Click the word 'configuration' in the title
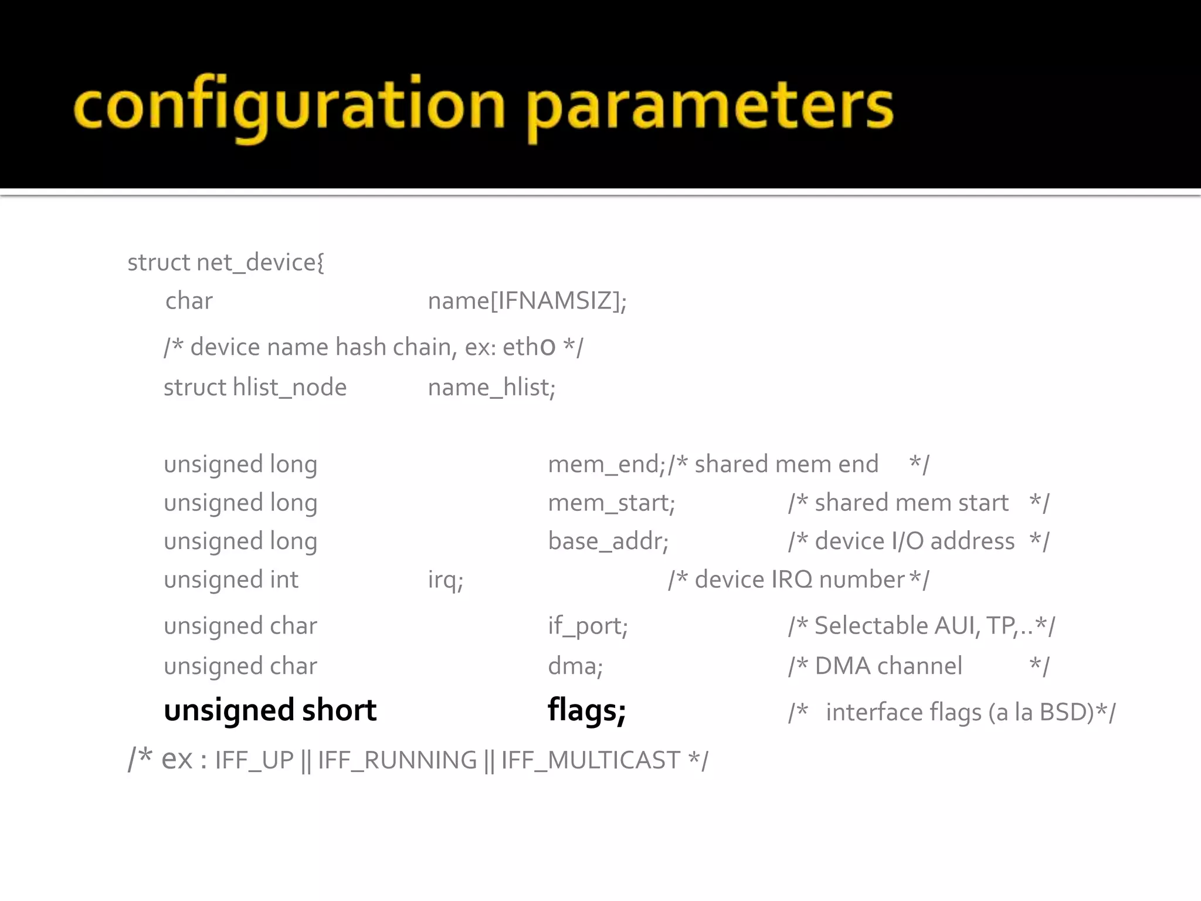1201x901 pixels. click(x=289, y=106)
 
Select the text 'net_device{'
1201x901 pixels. click(x=260, y=263)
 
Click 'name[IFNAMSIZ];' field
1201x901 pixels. click(x=527, y=301)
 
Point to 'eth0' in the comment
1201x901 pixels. click(x=529, y=347)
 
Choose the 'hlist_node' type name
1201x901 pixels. click(x=290, y=388)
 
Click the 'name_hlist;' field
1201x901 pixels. click(x=491, y=388)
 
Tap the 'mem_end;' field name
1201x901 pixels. click(x=606, y=465)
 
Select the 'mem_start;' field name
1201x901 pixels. click(x=611, y=503)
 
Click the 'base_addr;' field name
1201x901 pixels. click(x=608, y=541)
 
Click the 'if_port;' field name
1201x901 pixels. click(x=588, y=626)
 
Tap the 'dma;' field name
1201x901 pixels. click(x=575, y=666)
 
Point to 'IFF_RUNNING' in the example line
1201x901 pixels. click(x=398, y=761)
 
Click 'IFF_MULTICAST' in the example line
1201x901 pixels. click(x=591, y=761)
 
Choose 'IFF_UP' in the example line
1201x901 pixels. click(x=254, y=761)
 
